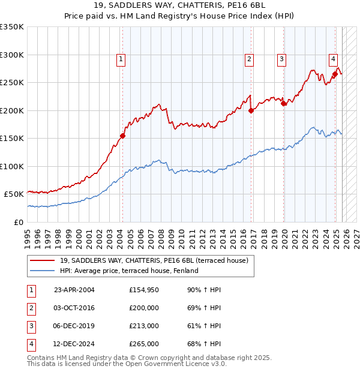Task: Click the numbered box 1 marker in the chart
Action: click(x=121, y=59)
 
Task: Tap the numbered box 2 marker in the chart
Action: click(x=248, y=59)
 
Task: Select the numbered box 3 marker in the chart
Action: click(x=281, y=59)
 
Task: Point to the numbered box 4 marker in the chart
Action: click(x=333, y=59)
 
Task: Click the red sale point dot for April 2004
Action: click(x=122, y=136)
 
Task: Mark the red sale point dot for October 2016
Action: click(x=251, y=110)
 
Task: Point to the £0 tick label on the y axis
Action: click(x=19, y=222)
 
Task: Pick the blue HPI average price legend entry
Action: click(x=129, y=271)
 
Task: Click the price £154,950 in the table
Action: click(x=144, y=290)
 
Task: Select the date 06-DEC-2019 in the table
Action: click(x=74, y=326)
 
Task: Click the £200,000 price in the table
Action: click(x=144, y=308)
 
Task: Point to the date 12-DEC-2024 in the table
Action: click(x=74, y=344)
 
